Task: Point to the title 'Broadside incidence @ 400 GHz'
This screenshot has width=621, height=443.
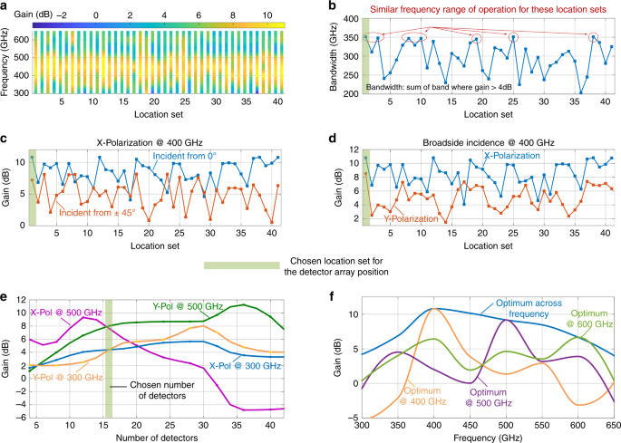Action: [474, 141]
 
